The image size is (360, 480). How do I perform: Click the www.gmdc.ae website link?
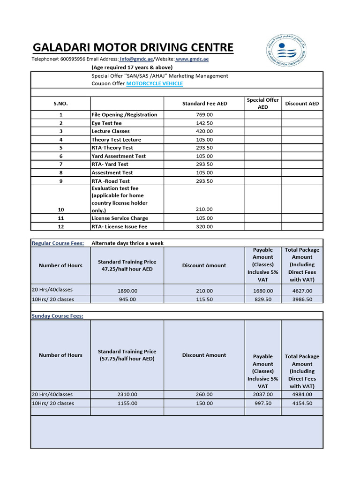point(192,59)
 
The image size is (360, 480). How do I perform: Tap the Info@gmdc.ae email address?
point(136,59)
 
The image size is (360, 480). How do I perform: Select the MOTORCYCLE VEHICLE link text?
point(155,83)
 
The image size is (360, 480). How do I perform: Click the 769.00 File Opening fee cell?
point(204,114)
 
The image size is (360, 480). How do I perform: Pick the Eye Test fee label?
point(106,123)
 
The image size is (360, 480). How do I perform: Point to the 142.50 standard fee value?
point(204,123)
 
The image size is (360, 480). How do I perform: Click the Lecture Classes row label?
point(111,131)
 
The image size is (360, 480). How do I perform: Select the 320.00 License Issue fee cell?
point(204,226)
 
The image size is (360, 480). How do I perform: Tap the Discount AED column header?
point(302,104)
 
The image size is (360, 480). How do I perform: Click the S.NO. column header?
point(60,104)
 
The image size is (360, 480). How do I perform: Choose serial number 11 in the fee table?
point(60,218)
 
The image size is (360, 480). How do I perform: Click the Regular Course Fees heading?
point(58,243)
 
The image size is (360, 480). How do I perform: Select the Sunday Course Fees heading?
point(57,316)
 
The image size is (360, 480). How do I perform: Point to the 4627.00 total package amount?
point(302,291)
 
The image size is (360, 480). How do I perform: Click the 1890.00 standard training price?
point(127,291)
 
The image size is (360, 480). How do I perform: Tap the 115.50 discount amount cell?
point(204,299)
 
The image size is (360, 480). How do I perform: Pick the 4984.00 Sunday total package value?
point(302,394)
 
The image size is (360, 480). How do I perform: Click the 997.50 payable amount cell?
point(262,403)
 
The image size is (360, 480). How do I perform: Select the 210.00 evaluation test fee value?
point(204,210)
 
